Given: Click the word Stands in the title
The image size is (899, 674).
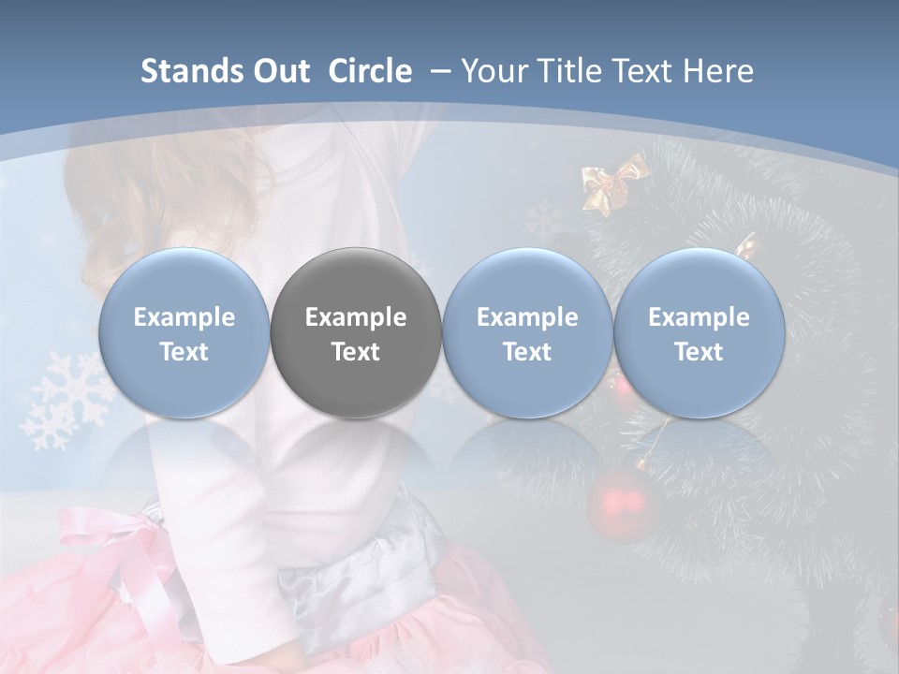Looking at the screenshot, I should coord(192,71).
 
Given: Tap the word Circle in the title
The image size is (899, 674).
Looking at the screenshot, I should coord(370,71).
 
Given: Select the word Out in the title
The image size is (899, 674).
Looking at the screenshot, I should coord(280,71).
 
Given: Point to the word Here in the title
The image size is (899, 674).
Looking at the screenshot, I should coord(717,71).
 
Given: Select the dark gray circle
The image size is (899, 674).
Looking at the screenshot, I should coord(356,332).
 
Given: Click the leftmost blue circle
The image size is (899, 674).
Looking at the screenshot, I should coord(184,332).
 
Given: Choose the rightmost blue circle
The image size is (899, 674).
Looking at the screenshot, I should coord(699,332).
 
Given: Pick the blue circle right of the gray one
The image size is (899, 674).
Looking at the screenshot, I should coord(527,332).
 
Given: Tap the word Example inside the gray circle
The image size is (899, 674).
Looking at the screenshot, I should coord(356,317).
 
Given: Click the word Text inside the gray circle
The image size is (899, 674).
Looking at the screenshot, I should coord(356,352).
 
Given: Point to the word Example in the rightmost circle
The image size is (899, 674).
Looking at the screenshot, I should coord(699,317).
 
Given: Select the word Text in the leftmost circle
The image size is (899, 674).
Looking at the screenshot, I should coord(184,352).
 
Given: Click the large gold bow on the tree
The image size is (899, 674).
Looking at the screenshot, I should coord(613,182).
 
